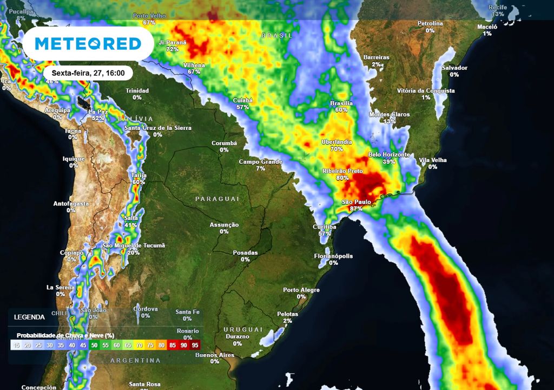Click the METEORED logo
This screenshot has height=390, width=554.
(88, 44)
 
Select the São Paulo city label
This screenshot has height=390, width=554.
(356, 202)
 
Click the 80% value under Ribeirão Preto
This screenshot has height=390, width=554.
(342, 178)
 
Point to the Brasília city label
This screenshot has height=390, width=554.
(341, 103)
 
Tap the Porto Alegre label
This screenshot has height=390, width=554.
(301, 290)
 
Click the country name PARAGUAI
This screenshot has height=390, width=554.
(217, 199)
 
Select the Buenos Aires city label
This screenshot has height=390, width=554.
(215, 355)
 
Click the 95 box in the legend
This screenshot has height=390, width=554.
(195, 344)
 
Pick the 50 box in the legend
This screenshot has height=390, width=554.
(95, 344)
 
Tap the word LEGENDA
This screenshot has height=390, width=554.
(30, 317)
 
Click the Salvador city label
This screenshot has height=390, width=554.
(454, 68)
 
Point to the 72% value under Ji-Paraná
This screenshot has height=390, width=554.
(173, 49)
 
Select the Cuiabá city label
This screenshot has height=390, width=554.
(242, 100)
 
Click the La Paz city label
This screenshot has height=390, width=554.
(98, 112)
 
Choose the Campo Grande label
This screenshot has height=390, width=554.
(261, 162)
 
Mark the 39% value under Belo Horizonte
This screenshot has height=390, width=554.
(389, 161)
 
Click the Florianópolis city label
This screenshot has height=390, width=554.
(333, 256)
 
